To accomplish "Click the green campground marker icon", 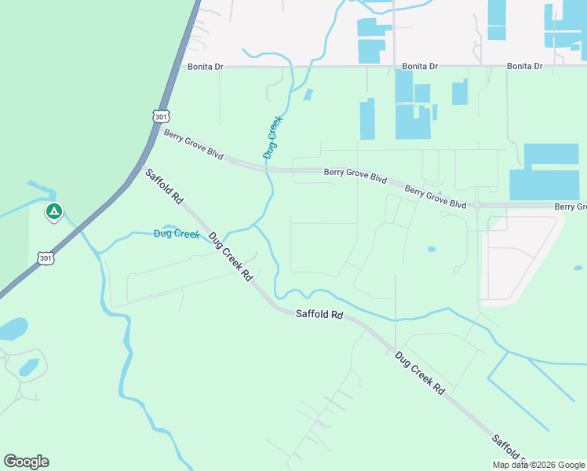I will point(54,211).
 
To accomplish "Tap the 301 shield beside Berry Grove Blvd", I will point(160,116).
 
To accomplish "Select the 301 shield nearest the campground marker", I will point(46,257).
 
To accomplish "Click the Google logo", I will point(26,461).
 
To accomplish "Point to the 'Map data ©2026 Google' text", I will point(538,465).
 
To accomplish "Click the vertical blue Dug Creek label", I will point(272,138).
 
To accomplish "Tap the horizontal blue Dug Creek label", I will point(177,233).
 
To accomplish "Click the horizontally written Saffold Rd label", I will point(319,314).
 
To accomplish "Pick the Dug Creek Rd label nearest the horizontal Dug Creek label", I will point(231,257).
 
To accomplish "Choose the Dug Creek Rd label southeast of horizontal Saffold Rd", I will point(419,372).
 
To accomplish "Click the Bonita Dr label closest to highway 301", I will point(206,67).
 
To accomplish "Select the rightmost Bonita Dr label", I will point(524,66).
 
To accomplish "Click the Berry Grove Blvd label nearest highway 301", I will point(193,144).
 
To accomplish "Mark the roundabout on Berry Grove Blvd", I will point(476,206).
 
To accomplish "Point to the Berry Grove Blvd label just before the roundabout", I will point(436,195).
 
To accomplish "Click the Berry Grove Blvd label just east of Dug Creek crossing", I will point(355,174).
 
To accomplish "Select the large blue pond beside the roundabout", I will point(544,172).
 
